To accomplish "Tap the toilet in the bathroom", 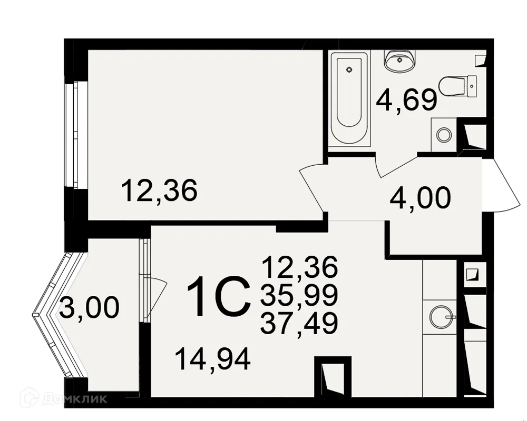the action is pyautogui.click(x=458, y=87).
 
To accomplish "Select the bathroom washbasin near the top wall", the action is pyautogui.click(x=399, y=61).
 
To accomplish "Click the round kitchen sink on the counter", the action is pyautogui.click(x=442, y=316).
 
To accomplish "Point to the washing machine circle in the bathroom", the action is pyautogui.click(x=444, y=135).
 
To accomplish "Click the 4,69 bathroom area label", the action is pyautogui.click(x=407, y=99).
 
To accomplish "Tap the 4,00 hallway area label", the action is pyautogui.click(x=420, y=198).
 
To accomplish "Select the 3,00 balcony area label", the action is pyautogui.click(x=90, y=307).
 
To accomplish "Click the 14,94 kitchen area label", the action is pyautogui.click(x=213, y=359).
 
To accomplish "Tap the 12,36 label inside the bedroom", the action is pyautogui.click(x=159, y=190).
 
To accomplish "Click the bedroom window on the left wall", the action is pyautogui.click(x=72, y=135).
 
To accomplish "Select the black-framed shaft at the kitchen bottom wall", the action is pyautogui.click(x=333, y=377).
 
